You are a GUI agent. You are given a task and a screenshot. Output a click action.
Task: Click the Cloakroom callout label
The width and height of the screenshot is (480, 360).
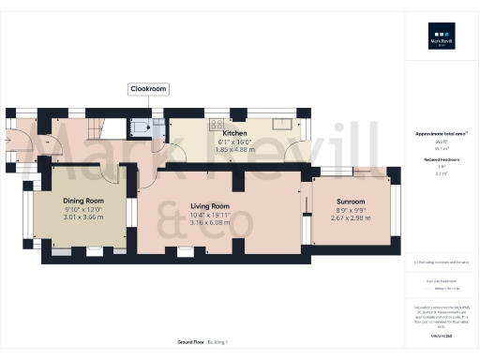[x=147, y=90]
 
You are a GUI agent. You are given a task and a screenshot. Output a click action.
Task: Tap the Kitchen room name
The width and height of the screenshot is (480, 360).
[x=234, y=134]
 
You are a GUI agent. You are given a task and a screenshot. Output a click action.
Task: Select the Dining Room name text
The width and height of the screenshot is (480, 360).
[x=82, y=201]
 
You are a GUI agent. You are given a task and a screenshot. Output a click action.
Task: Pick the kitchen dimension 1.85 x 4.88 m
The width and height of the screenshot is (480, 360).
[x=234, y=148]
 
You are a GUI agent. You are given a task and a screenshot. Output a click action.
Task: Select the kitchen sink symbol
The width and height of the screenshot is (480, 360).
[x=279, y=123]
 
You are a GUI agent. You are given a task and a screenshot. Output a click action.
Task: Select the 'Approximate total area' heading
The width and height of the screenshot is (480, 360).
[x=441, y=134]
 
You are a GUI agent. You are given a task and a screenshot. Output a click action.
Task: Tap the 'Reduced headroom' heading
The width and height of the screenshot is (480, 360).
[x=441, y=159]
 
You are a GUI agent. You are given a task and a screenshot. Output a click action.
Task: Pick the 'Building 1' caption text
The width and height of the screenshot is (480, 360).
[x=217, y=342]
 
